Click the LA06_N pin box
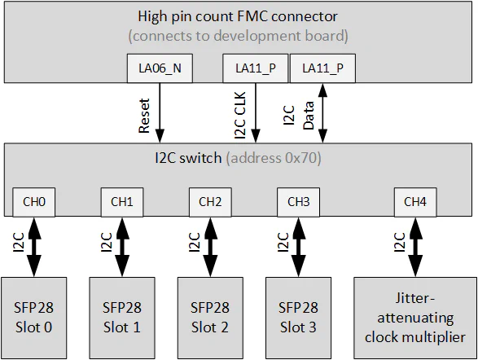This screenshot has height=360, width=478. [x=160, y=69]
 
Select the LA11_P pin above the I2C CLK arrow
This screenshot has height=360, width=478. [x=255, y=69]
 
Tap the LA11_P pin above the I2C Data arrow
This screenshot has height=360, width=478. [x=322, y=69]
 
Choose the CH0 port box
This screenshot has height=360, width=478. [x=33, y=202]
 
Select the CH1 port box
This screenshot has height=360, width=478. [x=121, y=202]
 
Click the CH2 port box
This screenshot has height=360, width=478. [x=210, y=202]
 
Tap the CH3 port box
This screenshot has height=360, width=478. [x=298, y=202]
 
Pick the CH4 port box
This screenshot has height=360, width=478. [x=414, y=202]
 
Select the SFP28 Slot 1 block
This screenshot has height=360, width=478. [x=121, y=318]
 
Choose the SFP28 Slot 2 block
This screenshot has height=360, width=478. [x=210, y=318]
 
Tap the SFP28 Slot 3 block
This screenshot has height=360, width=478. [x=298, y=318]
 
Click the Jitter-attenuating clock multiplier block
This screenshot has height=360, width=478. [x=414, y=318]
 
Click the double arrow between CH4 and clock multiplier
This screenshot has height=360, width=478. [x=415, y=248]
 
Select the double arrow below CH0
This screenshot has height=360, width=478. [x=34, y=248]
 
